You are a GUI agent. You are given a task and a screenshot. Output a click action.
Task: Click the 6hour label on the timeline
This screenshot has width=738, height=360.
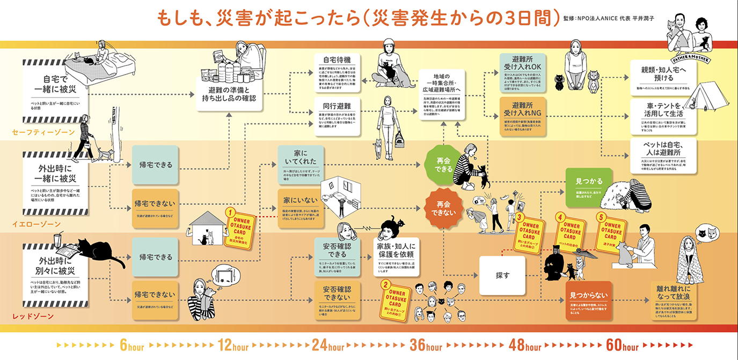[x=131, y=346]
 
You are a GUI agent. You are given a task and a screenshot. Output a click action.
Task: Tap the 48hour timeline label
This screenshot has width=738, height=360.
[x=525, y=346]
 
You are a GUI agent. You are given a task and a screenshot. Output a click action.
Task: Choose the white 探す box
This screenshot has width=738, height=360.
[x=502, y=275]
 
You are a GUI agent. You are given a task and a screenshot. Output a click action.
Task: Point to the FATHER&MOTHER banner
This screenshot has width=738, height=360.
[x=688, y=54]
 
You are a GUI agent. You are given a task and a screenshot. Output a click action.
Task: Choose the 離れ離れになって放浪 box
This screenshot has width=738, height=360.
[x=675, y=300]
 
